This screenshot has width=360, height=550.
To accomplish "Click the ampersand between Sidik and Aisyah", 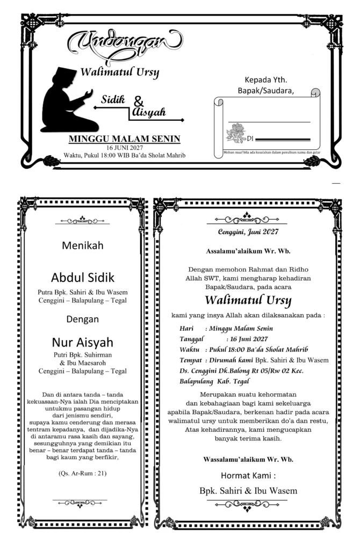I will click(139, 102).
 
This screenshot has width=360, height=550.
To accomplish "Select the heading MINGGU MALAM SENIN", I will click(124, 139).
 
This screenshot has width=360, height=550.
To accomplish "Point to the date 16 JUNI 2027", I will click(124, 147).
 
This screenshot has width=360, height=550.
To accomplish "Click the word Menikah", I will click(82, 246).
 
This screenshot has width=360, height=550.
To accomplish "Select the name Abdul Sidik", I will click(82, 278).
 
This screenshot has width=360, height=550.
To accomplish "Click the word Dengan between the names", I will click(82, 320).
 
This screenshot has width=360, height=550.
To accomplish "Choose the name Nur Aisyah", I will click(82, 343).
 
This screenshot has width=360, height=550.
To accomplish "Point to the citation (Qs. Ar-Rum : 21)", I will click(82, 473).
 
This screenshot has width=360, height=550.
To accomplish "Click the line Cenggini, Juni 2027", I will click(248, 233).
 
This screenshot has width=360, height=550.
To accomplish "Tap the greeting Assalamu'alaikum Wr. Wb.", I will click(248, 251).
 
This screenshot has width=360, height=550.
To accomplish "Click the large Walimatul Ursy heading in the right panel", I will click(248, 299).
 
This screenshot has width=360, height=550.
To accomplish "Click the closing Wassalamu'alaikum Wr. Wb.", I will click(248, 459).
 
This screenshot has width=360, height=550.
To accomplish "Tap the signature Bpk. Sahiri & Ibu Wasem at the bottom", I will click(248, 490).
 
